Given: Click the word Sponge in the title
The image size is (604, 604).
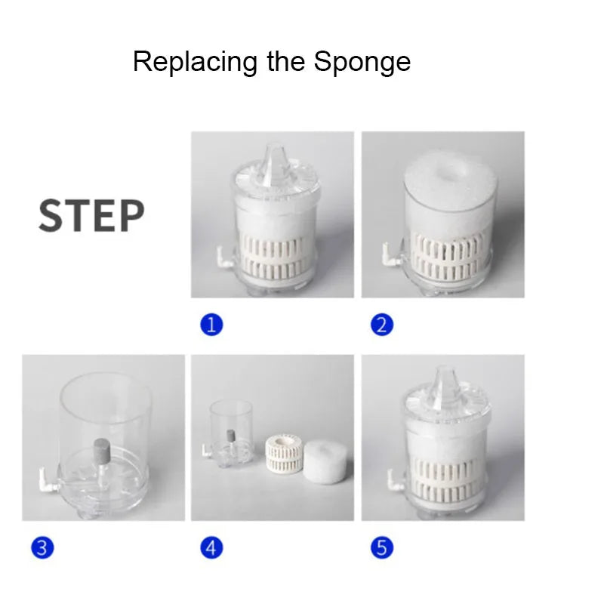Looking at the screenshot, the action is tap(362, 63).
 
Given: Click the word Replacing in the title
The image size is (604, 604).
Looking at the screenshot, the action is tap(196, 63).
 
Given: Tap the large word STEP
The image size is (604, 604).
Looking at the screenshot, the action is tap(91, 216).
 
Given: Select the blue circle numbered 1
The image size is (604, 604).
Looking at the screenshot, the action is tap(211, 325).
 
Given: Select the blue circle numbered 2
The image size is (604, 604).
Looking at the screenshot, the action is tap(382, 325).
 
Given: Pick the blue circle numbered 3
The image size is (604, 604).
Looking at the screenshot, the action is tap(42, 548).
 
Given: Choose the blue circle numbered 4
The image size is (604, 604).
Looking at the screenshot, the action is tap(211, 548).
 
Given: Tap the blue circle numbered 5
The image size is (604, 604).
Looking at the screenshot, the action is tap(382, 548).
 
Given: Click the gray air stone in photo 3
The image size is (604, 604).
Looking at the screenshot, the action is tap(102, 454).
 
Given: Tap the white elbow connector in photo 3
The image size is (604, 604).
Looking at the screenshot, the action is tap(48, 479).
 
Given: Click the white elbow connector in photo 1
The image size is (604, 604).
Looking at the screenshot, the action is tap(224, 257).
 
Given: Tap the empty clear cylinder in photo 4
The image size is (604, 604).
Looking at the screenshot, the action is tap(230, 433).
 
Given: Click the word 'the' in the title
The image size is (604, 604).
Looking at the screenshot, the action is tap(285, 62).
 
